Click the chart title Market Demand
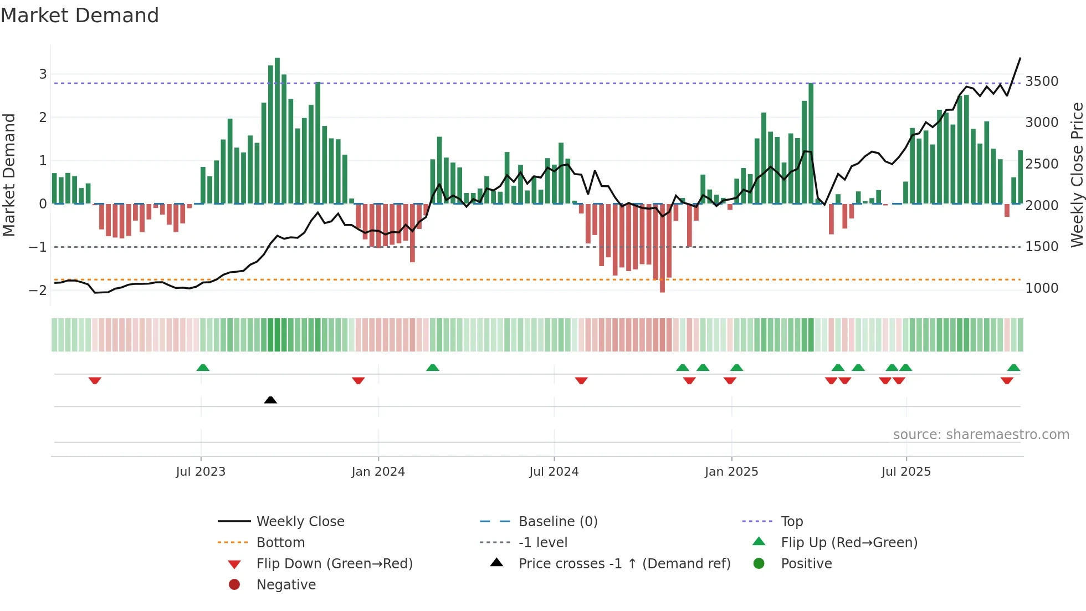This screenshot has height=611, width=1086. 80,16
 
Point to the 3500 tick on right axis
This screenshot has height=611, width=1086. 1042,82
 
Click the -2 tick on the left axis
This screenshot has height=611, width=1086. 38,290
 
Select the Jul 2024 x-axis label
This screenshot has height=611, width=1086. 554,472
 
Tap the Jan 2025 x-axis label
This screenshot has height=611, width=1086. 731,472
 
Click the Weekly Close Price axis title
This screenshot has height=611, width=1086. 1077,175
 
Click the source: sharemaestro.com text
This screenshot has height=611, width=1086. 981,435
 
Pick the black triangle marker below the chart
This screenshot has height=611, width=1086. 270,400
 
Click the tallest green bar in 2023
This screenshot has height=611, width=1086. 277,130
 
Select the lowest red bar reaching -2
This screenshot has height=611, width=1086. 662,248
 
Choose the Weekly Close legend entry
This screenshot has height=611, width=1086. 300,522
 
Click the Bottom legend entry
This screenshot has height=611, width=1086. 280,543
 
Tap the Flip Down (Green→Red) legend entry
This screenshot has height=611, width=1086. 334,564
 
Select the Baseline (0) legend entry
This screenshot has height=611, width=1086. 557,522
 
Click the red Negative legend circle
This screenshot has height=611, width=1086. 234,585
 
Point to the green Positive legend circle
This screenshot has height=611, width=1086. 759,564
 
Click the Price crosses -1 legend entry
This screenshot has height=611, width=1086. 624,564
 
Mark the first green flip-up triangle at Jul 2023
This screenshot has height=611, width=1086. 203,368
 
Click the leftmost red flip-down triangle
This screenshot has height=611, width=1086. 95,380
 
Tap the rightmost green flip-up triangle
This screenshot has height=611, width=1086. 1013,368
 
